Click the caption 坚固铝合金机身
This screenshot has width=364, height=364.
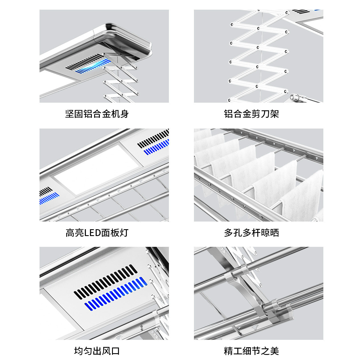pos(97,114)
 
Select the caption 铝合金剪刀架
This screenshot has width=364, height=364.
pos(251,114)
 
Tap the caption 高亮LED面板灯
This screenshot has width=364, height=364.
pos(97,233)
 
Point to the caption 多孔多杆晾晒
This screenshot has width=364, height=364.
pos(251,233)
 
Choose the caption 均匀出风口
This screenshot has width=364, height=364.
pos(97,351)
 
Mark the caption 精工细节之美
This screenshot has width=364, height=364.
pos(251,351)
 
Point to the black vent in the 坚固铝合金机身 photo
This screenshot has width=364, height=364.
pos(85,61)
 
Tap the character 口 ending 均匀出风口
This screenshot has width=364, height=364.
pos(115,351)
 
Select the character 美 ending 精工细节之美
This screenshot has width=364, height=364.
pos(274,351)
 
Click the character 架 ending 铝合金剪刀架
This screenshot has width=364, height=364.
pos(274,114)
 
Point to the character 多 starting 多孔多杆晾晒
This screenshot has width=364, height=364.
pos(229,233)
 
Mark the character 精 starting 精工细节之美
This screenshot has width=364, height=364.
pos(229,351)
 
